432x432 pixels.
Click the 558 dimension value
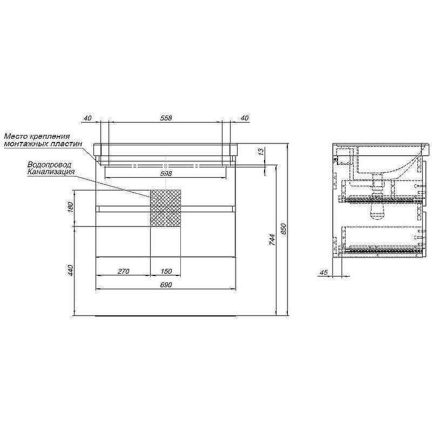pos(166,118)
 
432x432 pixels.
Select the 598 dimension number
pos(166,173)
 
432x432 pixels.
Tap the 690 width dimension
pos(166,285)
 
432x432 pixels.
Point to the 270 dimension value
pos(124,272)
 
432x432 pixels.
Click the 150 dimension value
pos(166,272)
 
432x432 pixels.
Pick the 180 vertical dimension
pos(70,207)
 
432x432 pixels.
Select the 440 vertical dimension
pos(70,271)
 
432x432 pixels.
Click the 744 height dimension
pos(272,240)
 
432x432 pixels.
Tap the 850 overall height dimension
pos(283,229)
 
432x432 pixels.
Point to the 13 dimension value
pos(262,151)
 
